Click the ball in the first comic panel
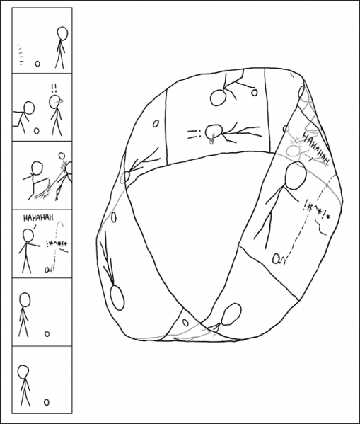click(37, 63)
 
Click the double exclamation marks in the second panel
click(54, 88)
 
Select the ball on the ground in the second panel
click(36, 130)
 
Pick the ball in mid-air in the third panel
click(62, 156)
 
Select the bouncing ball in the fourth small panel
click(48, 269)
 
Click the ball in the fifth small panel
click(47, 333)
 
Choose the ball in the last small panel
click(47, 401)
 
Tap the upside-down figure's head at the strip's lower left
click(117, 297)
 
